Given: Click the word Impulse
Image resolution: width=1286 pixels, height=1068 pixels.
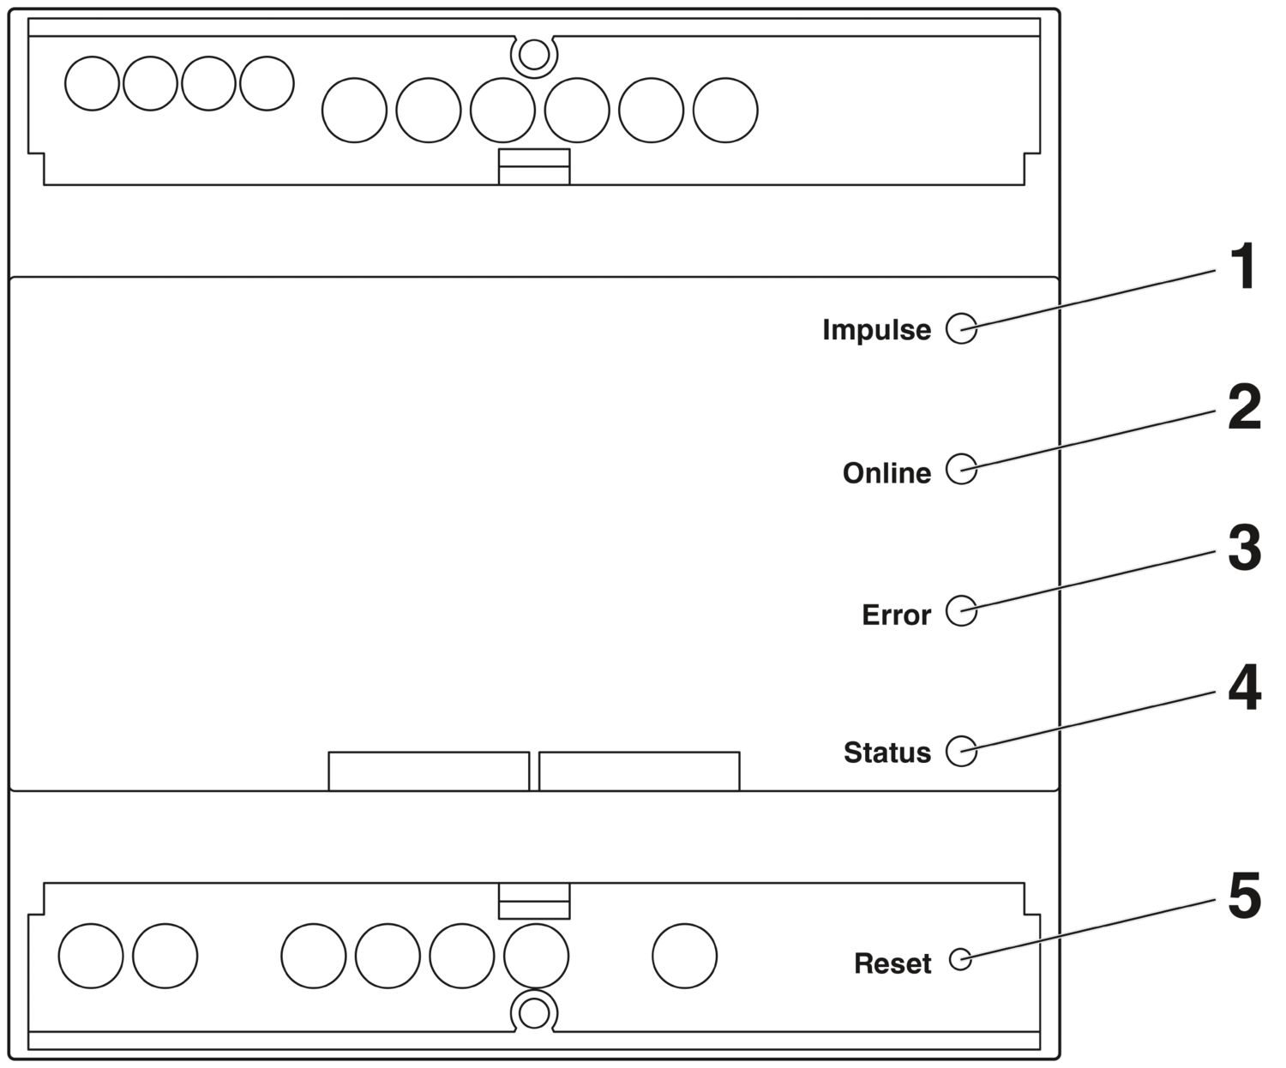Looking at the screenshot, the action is point(876,330).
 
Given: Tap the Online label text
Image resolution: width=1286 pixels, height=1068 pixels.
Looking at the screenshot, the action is point(886,473).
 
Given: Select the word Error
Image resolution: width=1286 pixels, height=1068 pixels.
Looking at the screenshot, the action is point(896,615).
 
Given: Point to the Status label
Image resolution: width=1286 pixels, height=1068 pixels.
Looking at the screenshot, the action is point(886,752).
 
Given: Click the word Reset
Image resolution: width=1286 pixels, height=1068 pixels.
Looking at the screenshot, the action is point(892,963).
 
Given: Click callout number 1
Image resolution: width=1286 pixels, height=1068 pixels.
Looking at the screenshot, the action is point(1244,266).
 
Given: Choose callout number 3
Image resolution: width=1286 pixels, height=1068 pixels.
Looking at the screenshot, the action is point(1245,548).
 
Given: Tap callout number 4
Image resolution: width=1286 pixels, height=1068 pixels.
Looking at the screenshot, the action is point(1245,688).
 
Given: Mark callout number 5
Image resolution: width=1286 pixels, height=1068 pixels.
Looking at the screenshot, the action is point(1245,895).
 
